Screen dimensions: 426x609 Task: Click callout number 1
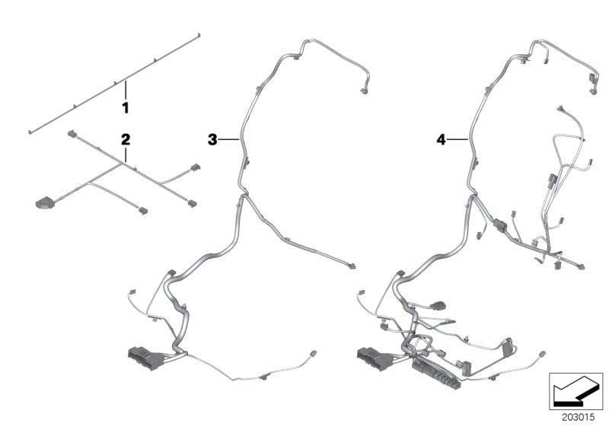(126, 108)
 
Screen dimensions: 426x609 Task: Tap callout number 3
(213, 139)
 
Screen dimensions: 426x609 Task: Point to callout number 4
(440, 139)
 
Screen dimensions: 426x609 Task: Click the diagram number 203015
(576, 416)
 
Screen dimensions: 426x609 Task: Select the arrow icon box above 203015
(576, 390)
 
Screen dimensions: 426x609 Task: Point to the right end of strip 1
(199, 35)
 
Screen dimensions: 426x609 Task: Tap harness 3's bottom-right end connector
(314, 354)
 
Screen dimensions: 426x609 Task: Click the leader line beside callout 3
(230, 139)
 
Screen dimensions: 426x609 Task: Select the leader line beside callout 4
(457, 139)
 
